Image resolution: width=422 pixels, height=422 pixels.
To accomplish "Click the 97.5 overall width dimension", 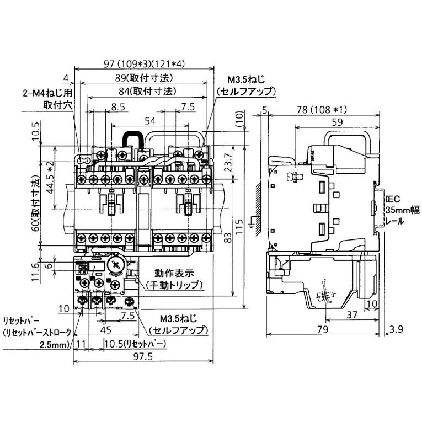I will (142, 357).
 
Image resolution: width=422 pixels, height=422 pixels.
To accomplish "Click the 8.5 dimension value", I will (117, 108).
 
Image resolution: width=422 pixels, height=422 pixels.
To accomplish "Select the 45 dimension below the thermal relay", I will (107, 330).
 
